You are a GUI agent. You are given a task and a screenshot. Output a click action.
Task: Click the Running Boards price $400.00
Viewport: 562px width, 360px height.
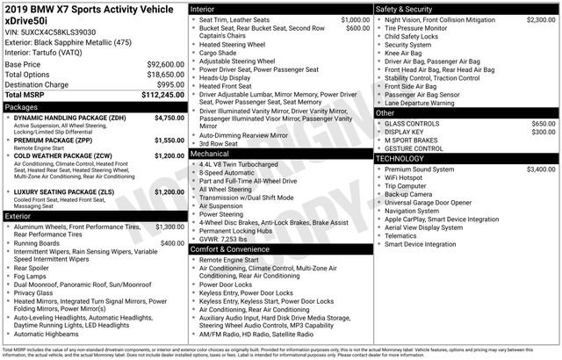pos(172,243)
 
